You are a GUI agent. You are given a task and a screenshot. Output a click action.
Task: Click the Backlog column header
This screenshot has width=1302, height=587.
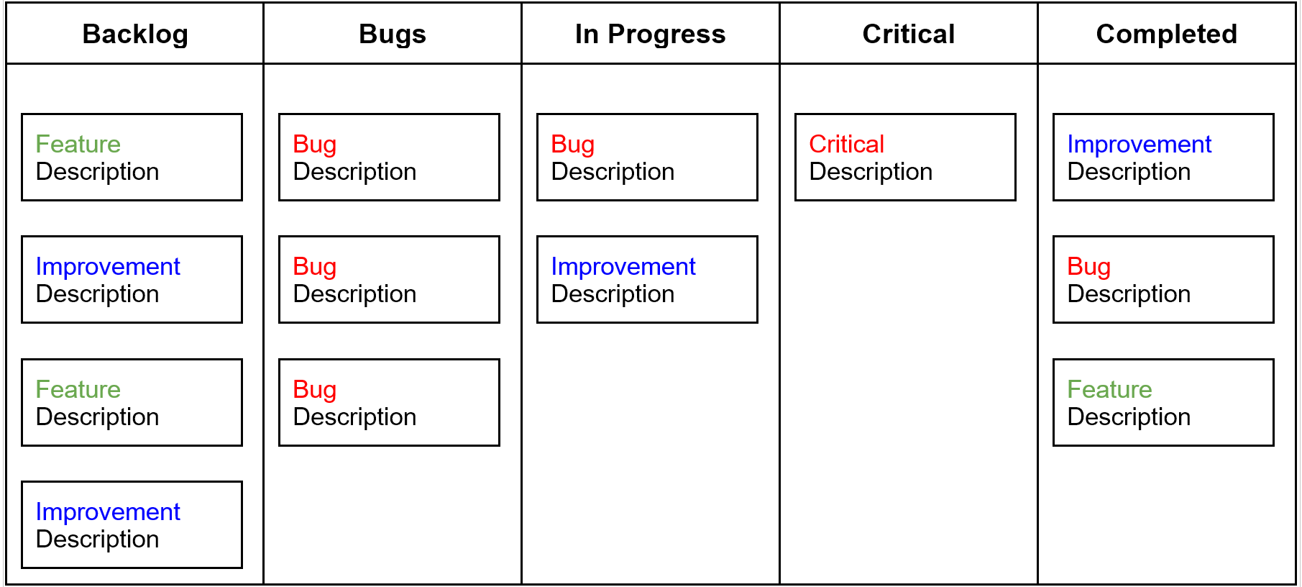coord(135,34)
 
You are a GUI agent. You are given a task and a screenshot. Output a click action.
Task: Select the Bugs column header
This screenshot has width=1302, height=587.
coord(393,34)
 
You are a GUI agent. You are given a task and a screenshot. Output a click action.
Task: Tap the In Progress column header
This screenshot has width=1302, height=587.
coord(651,34)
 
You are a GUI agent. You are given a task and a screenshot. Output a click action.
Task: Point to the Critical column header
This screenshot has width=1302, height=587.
coord(909,34)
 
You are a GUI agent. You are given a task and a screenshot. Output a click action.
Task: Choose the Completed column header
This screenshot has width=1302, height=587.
coord(1167,34)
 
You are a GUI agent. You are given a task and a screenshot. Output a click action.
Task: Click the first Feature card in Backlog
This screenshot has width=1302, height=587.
coord(132,157)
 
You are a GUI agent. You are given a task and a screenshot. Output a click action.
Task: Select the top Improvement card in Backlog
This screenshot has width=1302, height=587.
coord(132,279)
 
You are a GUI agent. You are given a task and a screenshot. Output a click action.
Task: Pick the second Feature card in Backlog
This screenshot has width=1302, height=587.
coord(132,402)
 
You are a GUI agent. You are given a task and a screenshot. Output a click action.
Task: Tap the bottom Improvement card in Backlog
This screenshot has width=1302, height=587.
coord(132,524)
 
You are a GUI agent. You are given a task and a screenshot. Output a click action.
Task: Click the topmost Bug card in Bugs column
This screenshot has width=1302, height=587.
coord(389,157)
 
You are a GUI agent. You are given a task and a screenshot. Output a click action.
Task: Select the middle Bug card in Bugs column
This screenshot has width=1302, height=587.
coord(389,279)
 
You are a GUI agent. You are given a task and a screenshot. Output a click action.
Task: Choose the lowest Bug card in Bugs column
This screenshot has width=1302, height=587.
coord(389,402)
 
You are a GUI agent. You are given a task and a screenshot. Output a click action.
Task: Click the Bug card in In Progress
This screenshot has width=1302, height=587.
coord(647,157)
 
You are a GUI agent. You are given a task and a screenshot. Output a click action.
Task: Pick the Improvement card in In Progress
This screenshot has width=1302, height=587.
coord(647,279)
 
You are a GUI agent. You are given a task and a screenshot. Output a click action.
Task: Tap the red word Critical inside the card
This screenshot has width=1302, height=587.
coord(846,144)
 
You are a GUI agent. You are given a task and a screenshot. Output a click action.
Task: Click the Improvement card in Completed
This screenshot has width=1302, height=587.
coord(1163,157)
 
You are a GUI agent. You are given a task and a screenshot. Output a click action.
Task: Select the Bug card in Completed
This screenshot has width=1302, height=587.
coord(1163,279)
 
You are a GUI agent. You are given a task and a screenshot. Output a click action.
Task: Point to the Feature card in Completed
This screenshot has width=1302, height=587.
coord(1163,402)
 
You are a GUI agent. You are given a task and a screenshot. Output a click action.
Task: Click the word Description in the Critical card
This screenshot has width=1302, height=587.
coord(871,172)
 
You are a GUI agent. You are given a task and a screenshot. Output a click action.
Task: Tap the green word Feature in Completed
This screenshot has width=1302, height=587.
coord(1109,389)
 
